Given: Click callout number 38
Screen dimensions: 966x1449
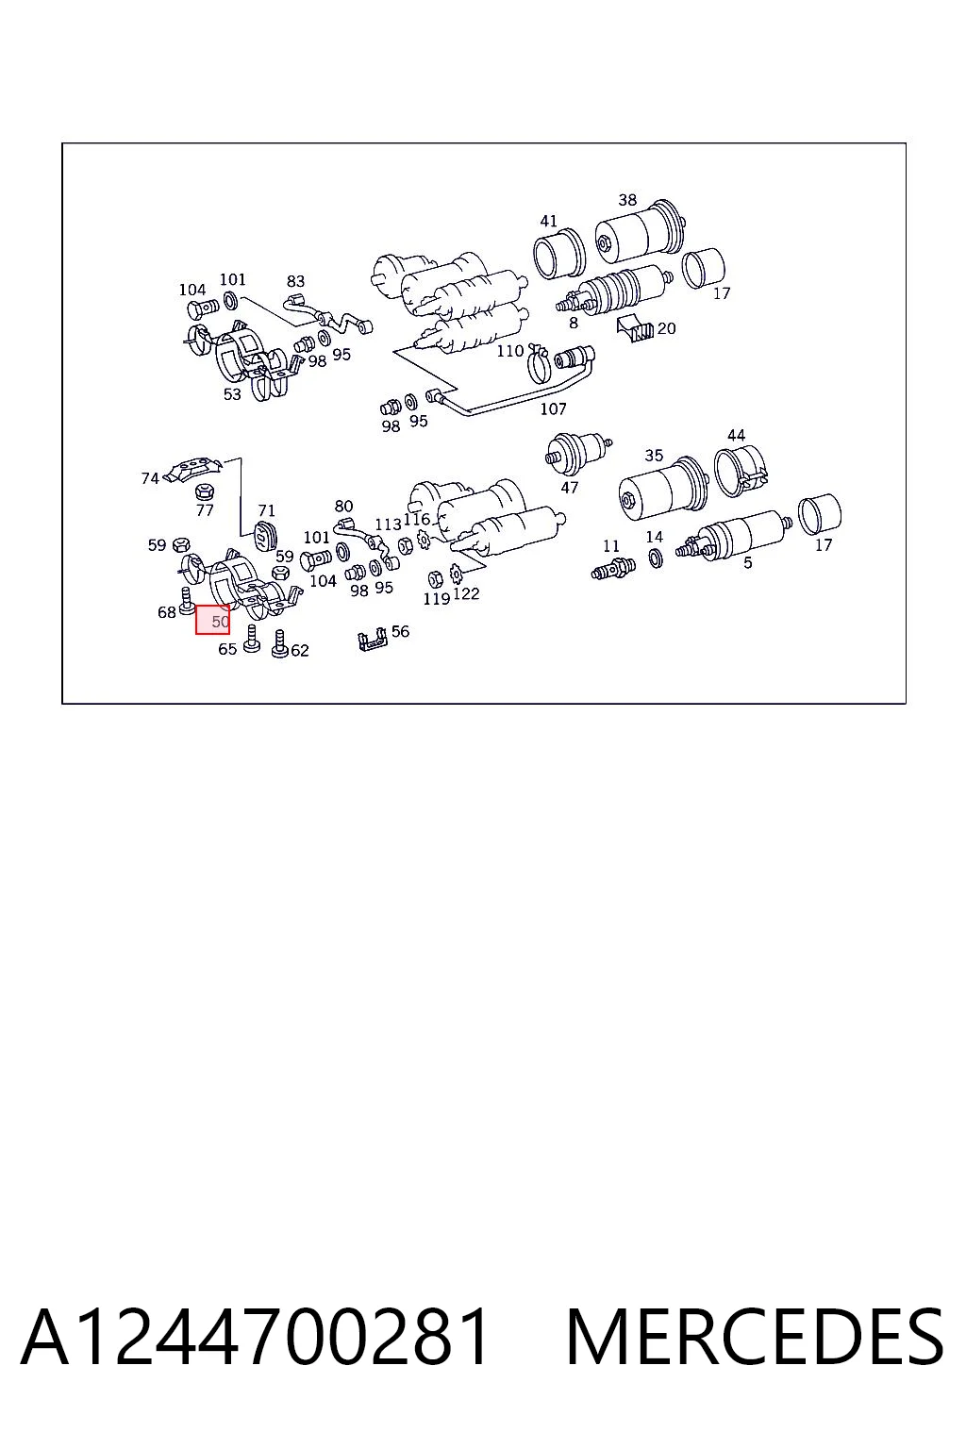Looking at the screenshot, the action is tap(627, 200).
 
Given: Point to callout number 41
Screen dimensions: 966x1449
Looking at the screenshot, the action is tap(549, 222).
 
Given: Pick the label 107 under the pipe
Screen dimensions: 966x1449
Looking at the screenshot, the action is tap(553, 408).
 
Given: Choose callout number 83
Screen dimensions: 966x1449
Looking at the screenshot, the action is tap(295, 281).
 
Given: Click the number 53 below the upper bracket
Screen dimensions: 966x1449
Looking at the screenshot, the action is tap(232, 394).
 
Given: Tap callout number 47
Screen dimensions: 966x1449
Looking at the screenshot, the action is tap(570, 488).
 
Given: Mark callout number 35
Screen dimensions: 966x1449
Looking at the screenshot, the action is tap(654, 456).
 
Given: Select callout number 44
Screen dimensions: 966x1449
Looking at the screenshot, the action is tap(737, 435).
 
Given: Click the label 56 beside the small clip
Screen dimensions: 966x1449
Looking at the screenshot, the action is tap(401, 631).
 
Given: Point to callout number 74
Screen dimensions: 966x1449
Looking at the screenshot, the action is tap(150, 478).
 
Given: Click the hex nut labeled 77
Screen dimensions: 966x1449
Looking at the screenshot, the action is tap(205, 491).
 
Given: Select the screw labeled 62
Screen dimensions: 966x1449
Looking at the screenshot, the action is tap(280, 644).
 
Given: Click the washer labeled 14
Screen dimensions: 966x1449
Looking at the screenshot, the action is tap(656, 558).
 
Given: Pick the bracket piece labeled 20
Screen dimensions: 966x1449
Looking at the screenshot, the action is tap(636, 327).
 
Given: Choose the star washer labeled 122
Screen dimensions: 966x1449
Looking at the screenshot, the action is tap(455, 572).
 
